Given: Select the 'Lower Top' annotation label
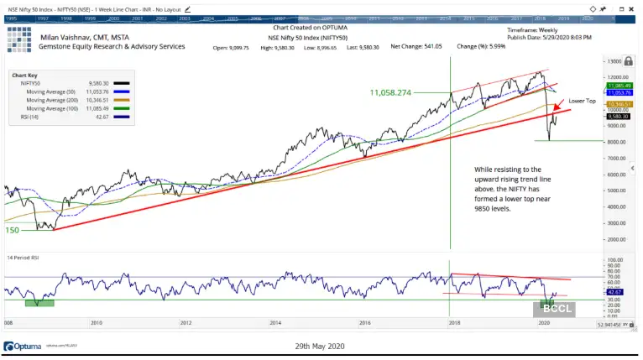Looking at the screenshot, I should point(582,101).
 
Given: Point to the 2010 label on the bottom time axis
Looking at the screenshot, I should point(97,322).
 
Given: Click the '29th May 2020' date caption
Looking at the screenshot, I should point(319,346).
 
